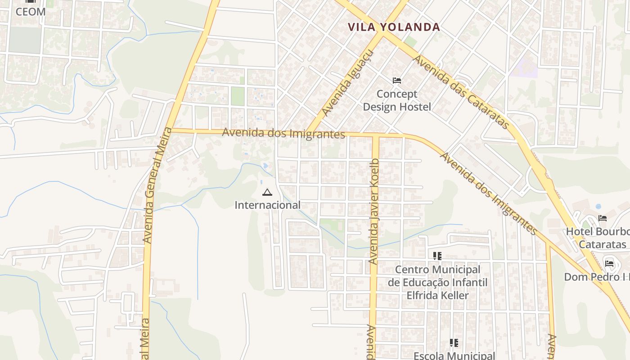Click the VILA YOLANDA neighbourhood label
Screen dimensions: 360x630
point(394,27)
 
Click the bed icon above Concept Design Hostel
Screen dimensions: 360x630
point(397,81)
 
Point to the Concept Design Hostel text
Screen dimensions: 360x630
point(397,100)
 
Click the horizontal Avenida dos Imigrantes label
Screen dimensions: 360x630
point(283,133)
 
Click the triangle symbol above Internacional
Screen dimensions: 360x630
point(267,193)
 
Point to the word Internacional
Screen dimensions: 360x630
point(267,205)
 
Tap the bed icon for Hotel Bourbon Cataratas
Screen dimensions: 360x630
point(603,218)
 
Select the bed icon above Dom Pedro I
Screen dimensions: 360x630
point(609,263)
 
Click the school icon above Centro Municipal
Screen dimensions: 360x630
point(437,256)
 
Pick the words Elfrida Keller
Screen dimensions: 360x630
point(437,295)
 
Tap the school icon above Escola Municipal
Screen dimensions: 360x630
point(454,343)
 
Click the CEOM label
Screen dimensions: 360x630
point(31,12)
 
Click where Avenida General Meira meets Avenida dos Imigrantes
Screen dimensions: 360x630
point(171,130)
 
